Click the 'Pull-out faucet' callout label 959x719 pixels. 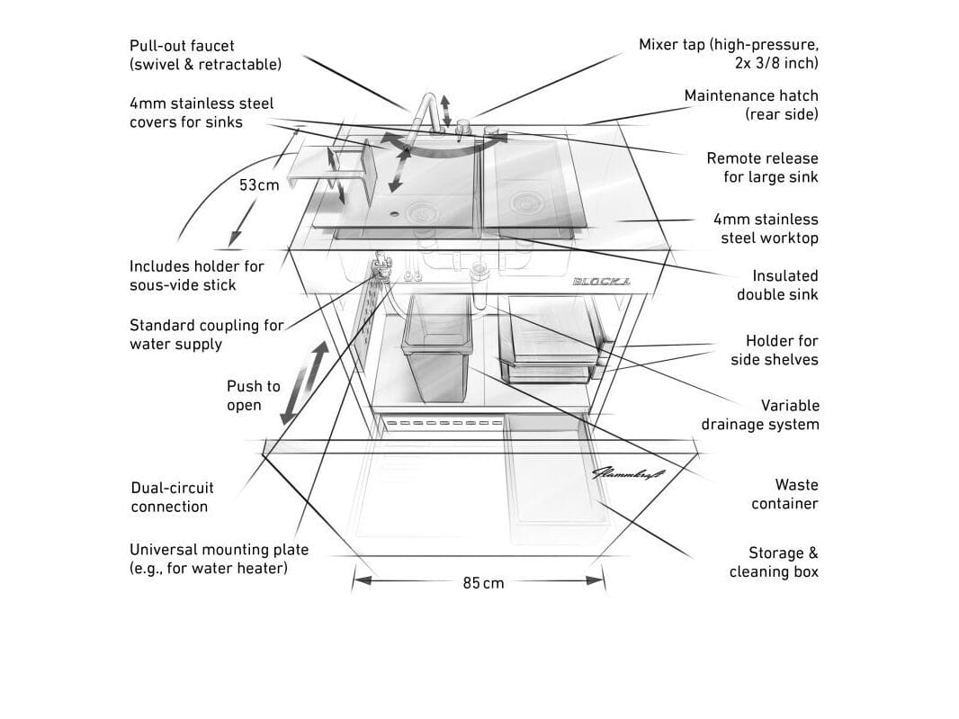tap(205, 55)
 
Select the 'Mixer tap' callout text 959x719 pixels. tap(729, 54)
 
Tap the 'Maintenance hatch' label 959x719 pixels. tap(751, 104)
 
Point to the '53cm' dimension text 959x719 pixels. tap(259, 185)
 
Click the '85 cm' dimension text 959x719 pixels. tap(484, 583)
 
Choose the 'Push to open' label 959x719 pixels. tap(253, 396)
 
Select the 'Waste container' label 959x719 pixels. tap(784, 494)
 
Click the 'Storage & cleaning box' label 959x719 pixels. tap(774, 562)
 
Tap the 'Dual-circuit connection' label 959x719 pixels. tap(172, 497)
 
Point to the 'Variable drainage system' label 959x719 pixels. tap(760, 415)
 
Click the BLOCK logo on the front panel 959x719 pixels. tap(602, 282)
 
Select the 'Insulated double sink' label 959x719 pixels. tap(777, 285)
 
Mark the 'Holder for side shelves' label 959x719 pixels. tap(774, 350)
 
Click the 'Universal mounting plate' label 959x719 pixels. tap(219, 559)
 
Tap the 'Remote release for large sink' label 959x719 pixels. tap(762, 167)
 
